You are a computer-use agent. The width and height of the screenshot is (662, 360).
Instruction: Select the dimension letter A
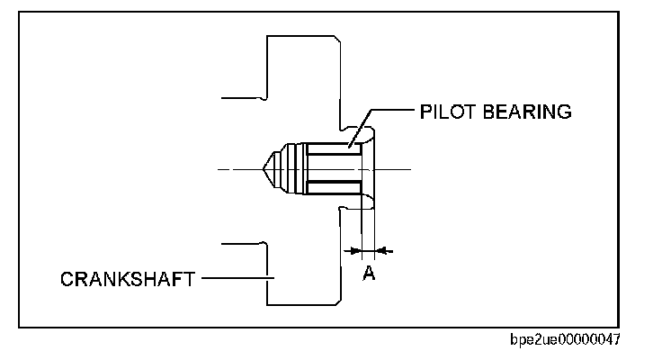pyautogui.click(x=368, y=272)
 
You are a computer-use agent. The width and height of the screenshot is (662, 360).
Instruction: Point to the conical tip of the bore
pyautogui.click(x=269, y=168)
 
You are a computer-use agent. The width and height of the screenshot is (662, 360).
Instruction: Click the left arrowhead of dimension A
pyautogui.click(x=354, y=248)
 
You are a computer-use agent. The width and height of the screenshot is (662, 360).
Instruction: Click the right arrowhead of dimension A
pyautogui.click(x=382, y=248)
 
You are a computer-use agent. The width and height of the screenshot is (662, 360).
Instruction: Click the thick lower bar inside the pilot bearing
pyautogui.click(x=337, y=186)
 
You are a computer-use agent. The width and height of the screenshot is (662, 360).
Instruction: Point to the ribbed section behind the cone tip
pyautogui.click(x=290, y=168)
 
